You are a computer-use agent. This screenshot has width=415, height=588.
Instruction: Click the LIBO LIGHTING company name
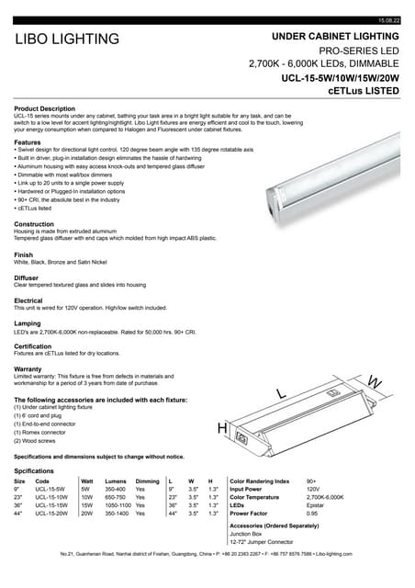[x=66, y=40]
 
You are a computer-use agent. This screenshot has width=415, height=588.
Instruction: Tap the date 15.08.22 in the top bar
[x=389, y=20]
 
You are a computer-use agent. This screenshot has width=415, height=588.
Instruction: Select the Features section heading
[x=28, y=142]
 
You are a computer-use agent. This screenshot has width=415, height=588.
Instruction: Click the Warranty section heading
[x=28, y=368]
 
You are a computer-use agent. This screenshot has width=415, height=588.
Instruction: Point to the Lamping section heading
[x=28, y=323]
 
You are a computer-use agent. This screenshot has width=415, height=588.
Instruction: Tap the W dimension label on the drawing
[x=373, y=380]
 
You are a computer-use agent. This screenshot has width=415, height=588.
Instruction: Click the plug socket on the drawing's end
[x=242, y=438]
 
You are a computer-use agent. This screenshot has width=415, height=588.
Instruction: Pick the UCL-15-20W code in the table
[x=51, y=514]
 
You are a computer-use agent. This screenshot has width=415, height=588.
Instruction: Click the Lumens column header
[x=117, y=481]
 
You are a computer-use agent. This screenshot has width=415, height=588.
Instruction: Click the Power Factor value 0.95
[x=311, y=514]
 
